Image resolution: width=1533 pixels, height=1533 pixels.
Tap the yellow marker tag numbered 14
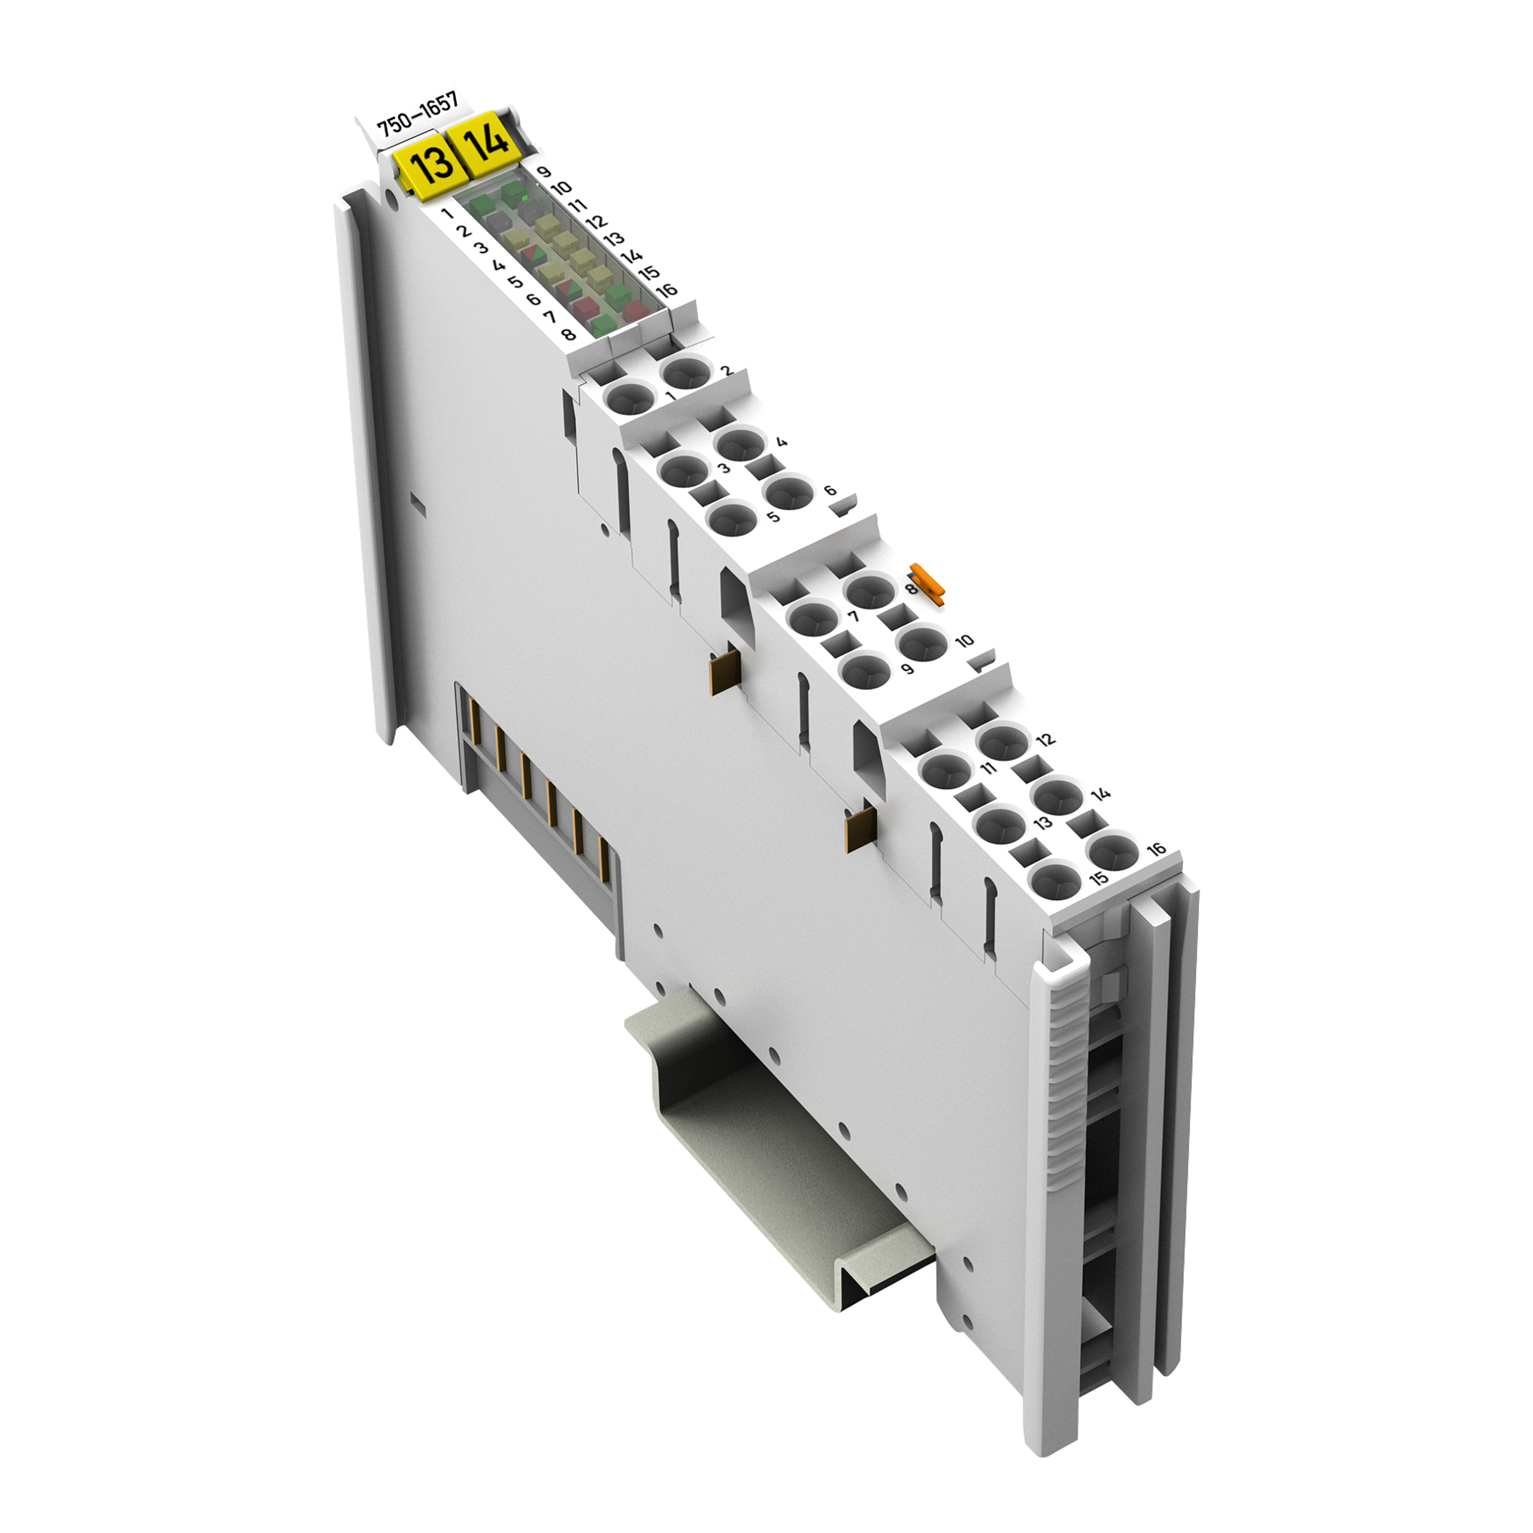[485, 144]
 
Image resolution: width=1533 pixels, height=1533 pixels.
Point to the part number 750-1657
[418, 122]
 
